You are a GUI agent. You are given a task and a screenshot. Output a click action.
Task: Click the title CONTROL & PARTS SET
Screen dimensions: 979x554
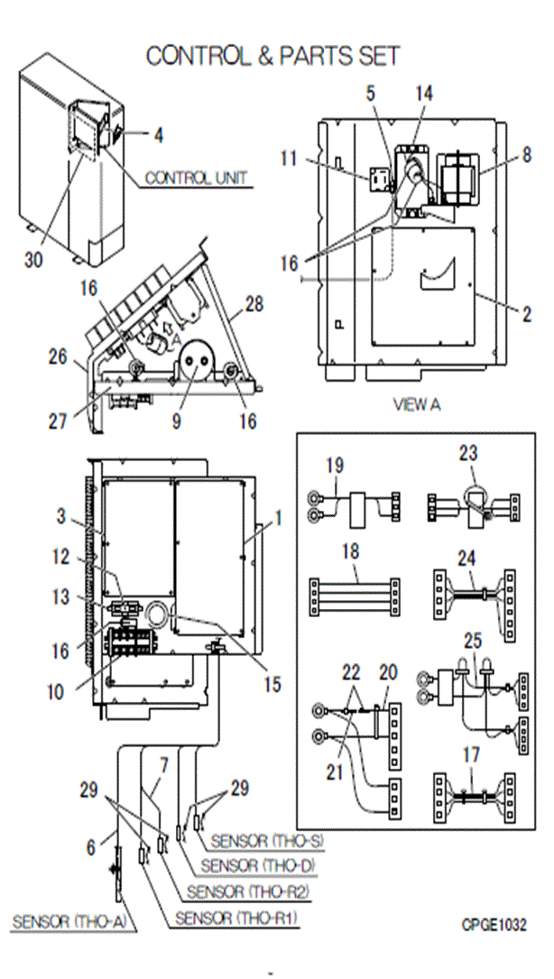pos(272,56)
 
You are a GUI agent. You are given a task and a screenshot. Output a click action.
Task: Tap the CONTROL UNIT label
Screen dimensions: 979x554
pos(196,179)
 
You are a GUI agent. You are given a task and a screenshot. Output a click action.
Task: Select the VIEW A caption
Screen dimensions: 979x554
pos(416,405)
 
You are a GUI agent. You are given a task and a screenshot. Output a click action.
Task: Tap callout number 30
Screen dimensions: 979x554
pos(34,261)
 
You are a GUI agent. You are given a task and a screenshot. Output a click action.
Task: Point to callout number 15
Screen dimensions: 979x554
pos(272,685)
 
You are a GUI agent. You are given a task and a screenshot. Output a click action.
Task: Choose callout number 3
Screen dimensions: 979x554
pos(60,516)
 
